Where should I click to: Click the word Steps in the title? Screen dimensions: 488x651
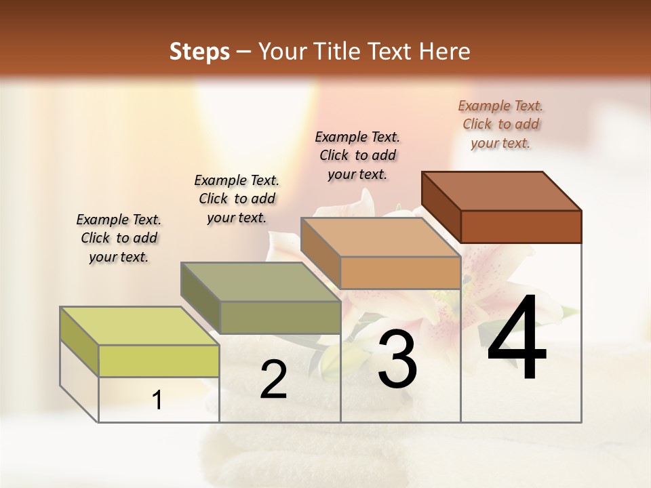pyautogui.click(x=199, y=52)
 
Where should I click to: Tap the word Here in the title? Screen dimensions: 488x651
pyautogui.click(x=445, y=52)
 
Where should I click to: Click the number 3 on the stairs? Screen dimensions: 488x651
pyautogui.click(x=397, y=359)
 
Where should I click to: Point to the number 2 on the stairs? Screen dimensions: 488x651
pyautogui.click(x=273, y=380)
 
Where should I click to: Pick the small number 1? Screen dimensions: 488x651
pyautogui.click(x=157, y=401)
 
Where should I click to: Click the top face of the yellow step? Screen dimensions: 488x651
pyautogui.click(x=139, y=326)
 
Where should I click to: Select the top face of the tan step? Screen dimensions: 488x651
pyautogui.click(x=380, y=237)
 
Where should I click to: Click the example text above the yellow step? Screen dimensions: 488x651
pyautogui.click(x=119, y=238)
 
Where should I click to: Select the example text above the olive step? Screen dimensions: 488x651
pyautogui.click(x=237, y=199)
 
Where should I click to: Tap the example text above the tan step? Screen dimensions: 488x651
pyautogui.click(x=357, y=155)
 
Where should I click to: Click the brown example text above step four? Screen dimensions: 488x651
pyautogui.click(x=500, y=124)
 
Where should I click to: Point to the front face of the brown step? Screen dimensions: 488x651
pyautogui.click(x=521, y=226)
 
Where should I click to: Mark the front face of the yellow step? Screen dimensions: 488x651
pyautogui.click(x=159, y=361)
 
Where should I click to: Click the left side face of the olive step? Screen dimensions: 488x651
pyautogui.click(x=200, y=298)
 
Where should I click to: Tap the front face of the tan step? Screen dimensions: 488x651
pyautogui.click(x=400, y=273)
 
